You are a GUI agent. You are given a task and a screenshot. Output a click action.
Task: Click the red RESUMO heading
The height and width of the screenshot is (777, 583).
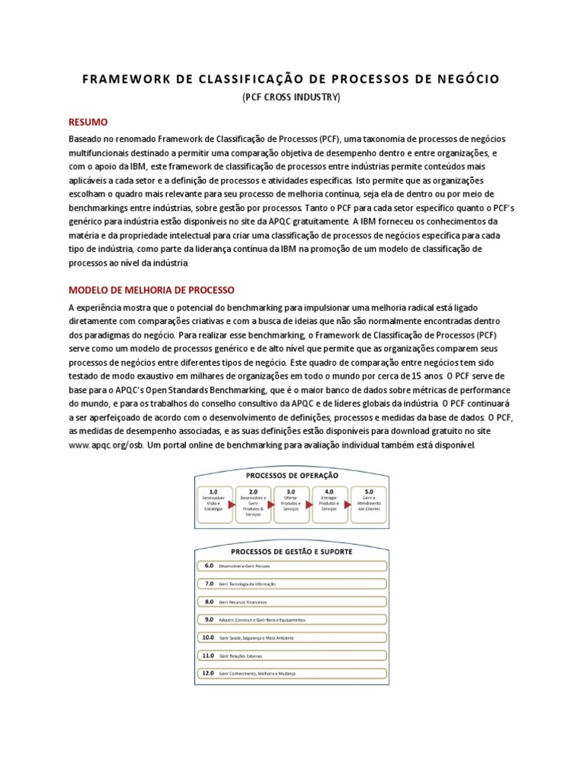point(88,122)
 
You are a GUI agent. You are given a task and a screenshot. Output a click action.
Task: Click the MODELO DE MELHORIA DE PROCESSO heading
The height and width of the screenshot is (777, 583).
point(152,290)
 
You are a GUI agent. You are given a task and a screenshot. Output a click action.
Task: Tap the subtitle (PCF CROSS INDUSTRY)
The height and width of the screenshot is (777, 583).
point(291,98)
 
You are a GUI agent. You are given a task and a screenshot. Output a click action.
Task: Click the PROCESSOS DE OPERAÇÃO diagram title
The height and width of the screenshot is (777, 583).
point(291,476)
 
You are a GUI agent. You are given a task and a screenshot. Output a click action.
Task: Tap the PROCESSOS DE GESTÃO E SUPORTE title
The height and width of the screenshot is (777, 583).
point(291,552)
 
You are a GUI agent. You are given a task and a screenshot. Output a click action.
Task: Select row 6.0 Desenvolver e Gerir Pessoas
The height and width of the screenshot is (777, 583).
point(291,566)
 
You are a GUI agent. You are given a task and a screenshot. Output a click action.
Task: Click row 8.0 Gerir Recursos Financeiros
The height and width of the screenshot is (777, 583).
point(291,602)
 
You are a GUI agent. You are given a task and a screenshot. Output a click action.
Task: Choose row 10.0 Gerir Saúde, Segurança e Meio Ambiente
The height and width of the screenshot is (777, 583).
point(291,637)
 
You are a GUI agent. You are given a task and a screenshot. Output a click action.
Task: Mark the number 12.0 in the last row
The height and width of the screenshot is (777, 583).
point(207,673)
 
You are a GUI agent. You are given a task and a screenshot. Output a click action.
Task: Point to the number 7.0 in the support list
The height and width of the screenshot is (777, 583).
point(209,584)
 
